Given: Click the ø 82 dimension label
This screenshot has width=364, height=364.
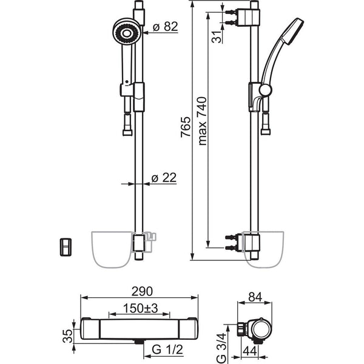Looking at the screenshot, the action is (x=165, y=27).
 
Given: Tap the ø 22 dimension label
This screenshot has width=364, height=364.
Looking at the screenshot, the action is (x=164, y=178).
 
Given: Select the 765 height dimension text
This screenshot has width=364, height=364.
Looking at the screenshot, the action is (x=186, y=127).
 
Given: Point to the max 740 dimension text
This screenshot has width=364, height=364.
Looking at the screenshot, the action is (x=202, y=121).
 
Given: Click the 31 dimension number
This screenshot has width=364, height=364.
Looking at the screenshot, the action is (x=217, y=36).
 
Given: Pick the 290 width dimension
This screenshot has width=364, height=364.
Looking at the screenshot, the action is (x=142, y=292).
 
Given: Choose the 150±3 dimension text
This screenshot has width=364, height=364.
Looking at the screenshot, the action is (x=140, y=308).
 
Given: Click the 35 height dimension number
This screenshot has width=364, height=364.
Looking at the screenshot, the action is (x=68, y=336).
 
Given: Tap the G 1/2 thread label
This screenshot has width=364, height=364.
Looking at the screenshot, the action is (x=167, y=349).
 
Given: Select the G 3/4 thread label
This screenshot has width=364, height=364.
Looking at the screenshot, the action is (x=221, y=348).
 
